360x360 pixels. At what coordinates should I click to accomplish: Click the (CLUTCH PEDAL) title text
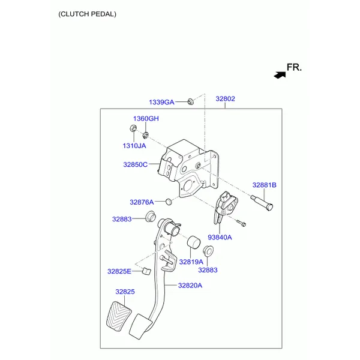(87, 14)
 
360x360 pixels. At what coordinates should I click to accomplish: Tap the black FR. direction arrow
(280, 75)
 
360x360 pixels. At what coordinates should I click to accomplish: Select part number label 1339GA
(161, 102)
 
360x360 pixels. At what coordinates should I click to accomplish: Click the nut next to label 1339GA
(191, 101)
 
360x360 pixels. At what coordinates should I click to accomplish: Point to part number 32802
(225, 99)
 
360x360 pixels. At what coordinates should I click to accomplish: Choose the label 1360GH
(146, 118)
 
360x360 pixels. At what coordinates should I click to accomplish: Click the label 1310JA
(134, 146)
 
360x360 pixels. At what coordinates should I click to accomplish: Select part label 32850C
(135, 164)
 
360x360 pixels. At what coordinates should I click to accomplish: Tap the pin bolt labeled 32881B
(262, 202)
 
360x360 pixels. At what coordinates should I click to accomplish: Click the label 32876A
(142, 202)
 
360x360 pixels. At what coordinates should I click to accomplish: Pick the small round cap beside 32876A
(169, 202)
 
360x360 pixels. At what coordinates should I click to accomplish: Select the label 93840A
(220, 238)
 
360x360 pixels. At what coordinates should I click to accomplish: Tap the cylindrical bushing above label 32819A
(194, 242)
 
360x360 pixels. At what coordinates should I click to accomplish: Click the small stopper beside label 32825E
(146, 271)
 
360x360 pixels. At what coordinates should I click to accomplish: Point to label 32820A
(190, 286)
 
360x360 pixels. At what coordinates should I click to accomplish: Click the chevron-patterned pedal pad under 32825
(119, 316)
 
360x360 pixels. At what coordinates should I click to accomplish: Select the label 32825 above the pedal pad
(125, 292)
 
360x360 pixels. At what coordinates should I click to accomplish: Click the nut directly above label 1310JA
(133, 128)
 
